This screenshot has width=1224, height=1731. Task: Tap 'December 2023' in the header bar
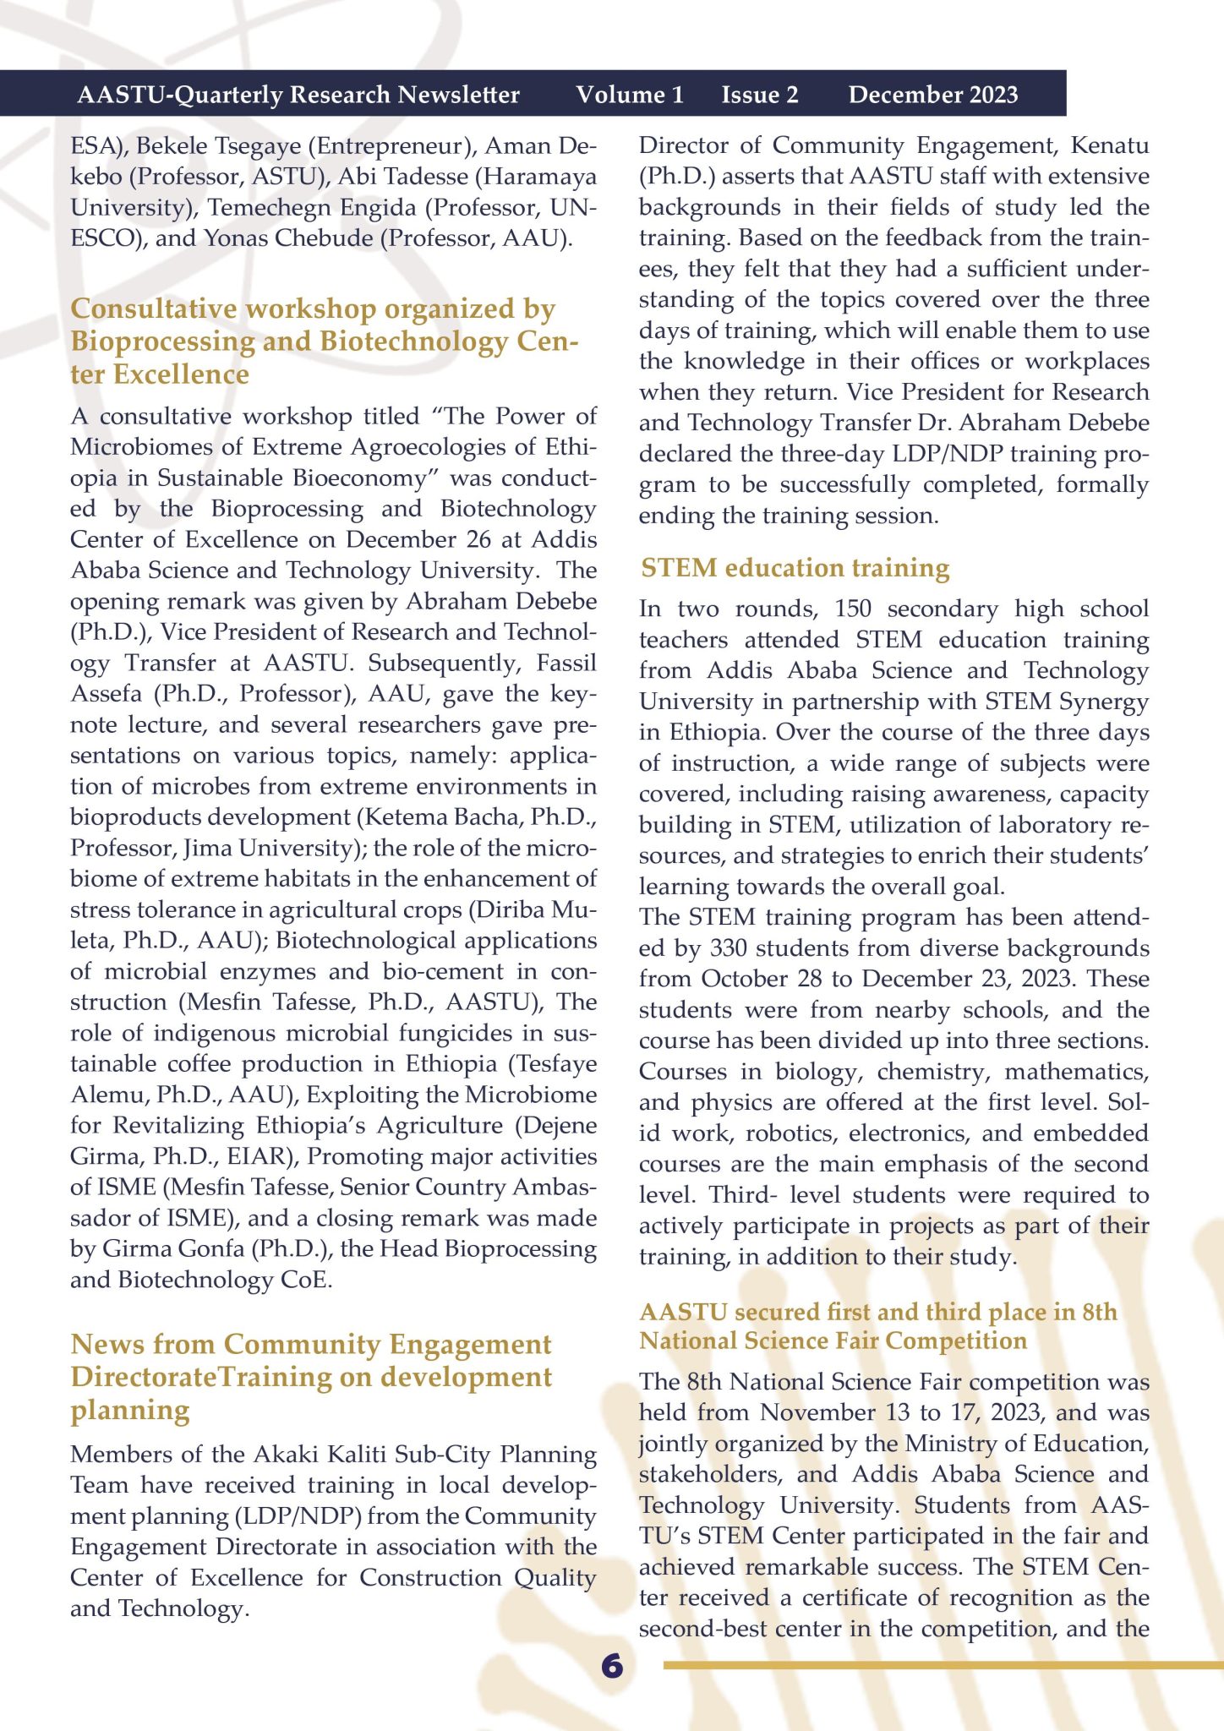(933, 95)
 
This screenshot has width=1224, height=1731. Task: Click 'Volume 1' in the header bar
(630, 95)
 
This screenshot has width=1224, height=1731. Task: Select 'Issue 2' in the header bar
(760, 95)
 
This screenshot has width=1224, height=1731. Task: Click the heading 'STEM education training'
(795, 568)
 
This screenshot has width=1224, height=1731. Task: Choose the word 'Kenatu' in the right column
(1110, 145)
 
